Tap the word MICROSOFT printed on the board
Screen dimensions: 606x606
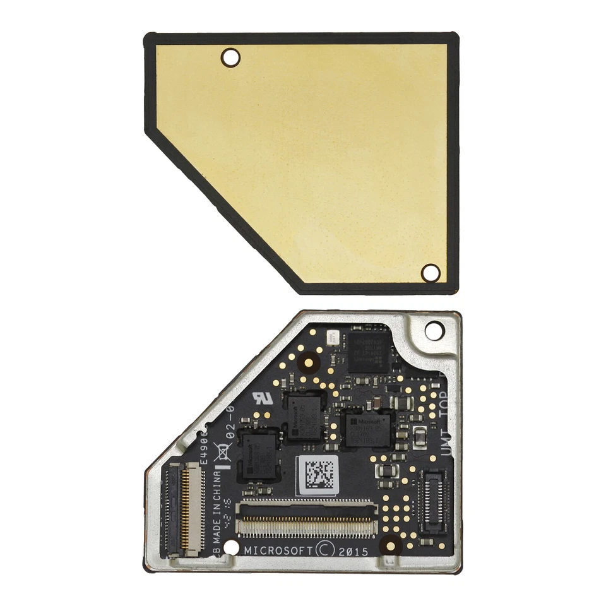pyautogui.click(x=278, y=550)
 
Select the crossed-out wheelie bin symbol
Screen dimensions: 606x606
pyautogui.click(x=223, y=452)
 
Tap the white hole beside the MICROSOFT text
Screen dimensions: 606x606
pyautogui.click(x=232, y=547)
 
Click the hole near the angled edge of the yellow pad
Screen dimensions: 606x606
pyautogui.click(x=230, y=57)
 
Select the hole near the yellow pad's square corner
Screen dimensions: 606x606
pyautogui.click(x=431, y=273)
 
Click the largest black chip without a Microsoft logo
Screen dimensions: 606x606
pyautogui.click(x=369, y=351)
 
